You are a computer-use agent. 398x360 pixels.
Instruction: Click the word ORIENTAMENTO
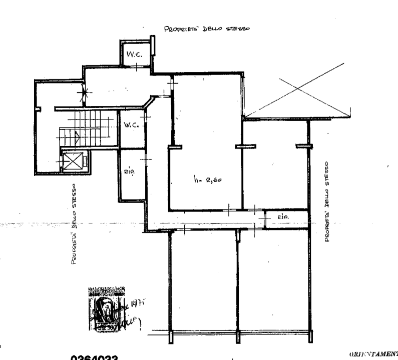click(x=373, y=352)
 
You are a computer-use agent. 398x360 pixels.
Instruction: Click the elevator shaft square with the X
click(x=69, y=161)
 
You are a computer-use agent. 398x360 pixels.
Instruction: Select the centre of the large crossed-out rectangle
click(x=297, y=89)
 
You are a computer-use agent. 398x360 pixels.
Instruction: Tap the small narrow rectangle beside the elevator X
click(x=86, y=161)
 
